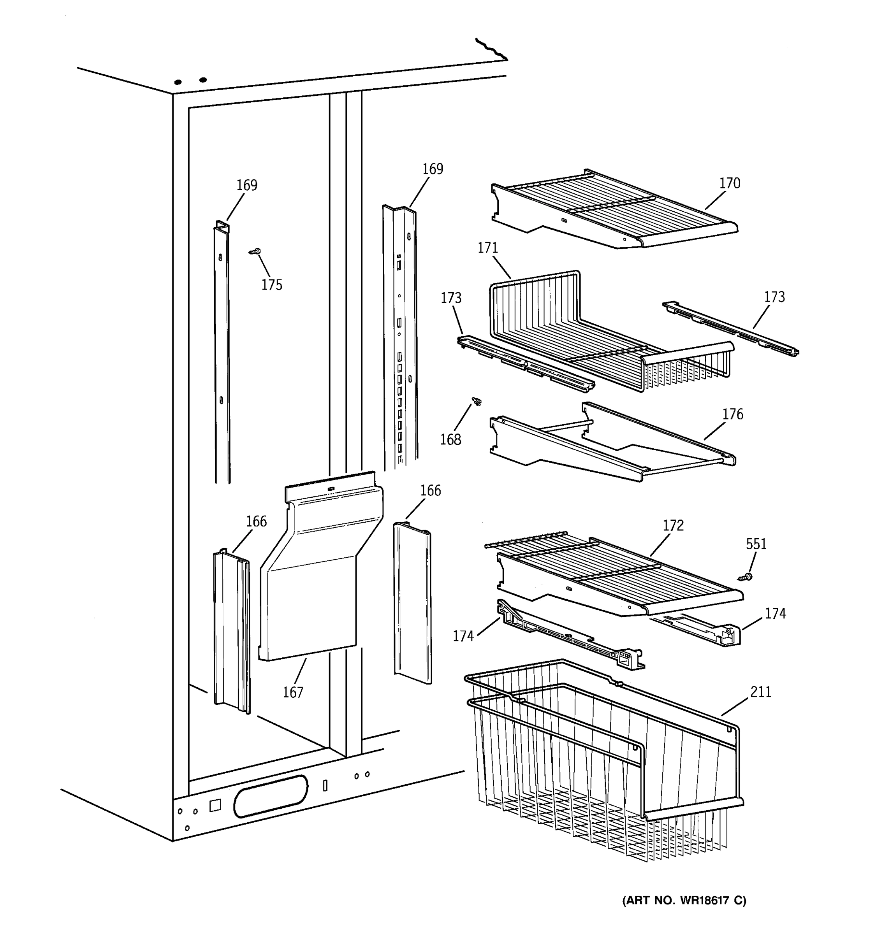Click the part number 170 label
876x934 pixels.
729,183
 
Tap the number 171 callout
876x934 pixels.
487,248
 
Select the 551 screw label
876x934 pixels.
756,544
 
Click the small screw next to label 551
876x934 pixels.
745,576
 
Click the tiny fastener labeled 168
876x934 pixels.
477,401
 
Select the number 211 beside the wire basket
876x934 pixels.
760,692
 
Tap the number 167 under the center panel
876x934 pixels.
293,692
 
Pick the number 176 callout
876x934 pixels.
733,414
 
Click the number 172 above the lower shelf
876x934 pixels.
673,525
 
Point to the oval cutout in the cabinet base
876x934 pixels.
271,796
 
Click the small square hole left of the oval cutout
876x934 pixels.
215,805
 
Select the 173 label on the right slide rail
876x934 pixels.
774,297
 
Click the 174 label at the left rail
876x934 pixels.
463,636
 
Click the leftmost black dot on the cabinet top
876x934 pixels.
178,82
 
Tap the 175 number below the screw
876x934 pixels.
272,285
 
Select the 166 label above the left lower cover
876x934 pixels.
256,521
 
